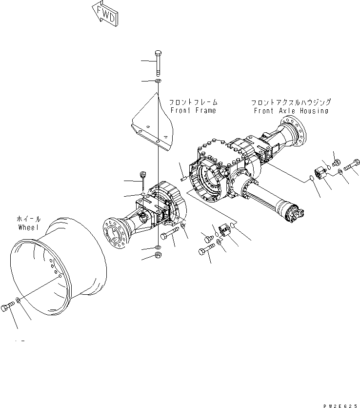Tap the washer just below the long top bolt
coord(158,81)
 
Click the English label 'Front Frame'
coord(193,111)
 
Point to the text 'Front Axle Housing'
coord(291,111)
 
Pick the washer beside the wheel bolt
coord(19,300)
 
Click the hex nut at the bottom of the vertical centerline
coord(158,255)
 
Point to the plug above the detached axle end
coord(143,175)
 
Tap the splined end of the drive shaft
coord(296,213)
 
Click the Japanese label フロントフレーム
coord(193,103)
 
